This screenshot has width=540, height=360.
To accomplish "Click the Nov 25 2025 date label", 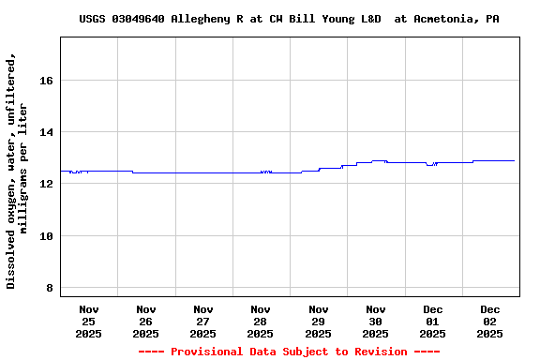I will point(88,321).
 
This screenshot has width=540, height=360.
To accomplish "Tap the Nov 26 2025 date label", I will point(145,321).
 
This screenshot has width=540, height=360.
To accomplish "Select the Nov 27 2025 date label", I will point(202,321).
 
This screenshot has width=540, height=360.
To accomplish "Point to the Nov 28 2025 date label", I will point(260,321).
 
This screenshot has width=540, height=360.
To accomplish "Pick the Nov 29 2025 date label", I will point(318,321).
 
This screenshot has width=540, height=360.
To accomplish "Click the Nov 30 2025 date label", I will point(375,321).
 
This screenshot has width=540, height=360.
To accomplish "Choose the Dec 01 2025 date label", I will point(432,321).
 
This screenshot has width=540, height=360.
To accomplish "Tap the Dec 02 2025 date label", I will point(489,321).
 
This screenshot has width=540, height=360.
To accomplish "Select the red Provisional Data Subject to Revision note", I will point(289,352).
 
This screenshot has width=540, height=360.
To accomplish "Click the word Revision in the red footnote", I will point(378,352).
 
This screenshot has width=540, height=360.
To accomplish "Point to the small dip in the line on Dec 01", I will point(429,165).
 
